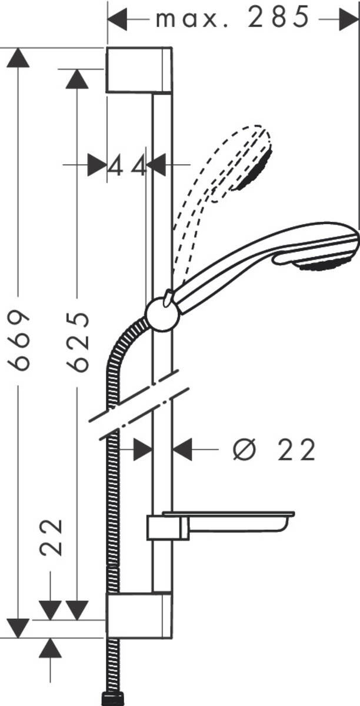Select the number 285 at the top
pos(279,17)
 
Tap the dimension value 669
pos(19,341)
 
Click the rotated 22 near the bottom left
pos(51,537)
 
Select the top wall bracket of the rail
pos(139,70)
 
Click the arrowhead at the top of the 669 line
pos(18,58)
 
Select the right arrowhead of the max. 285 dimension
pos(349,19)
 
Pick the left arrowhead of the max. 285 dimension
pos(117,19)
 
